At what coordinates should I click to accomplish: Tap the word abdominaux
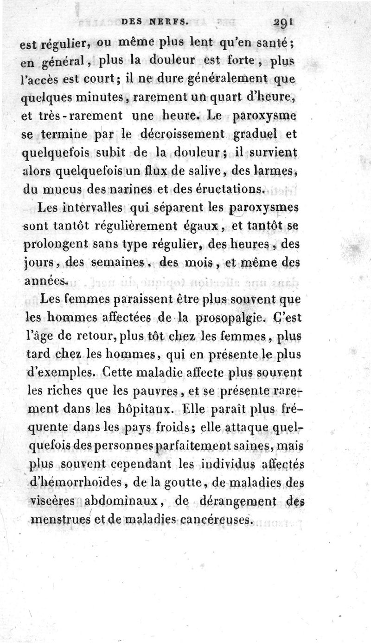123,501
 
